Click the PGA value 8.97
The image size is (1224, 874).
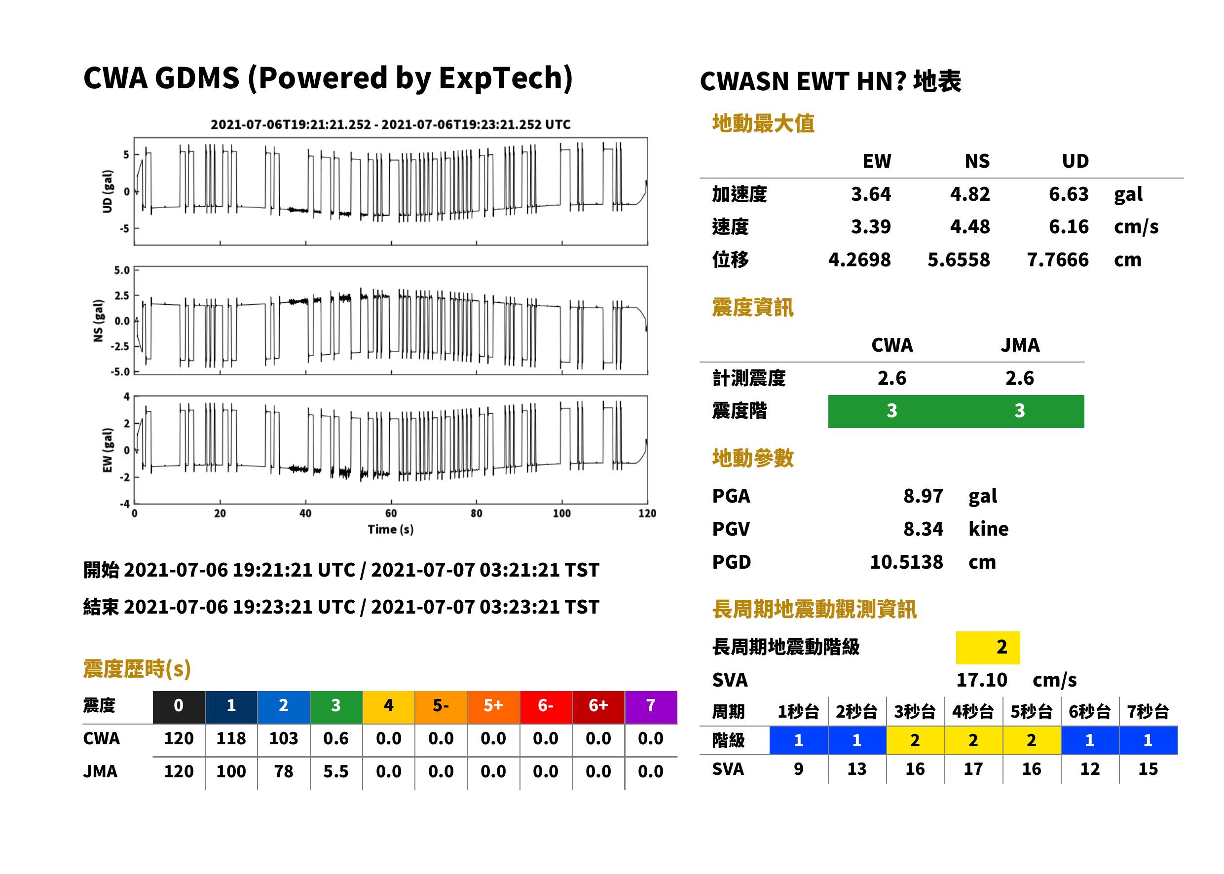(923, 496)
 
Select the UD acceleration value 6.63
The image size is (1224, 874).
(1069, 194)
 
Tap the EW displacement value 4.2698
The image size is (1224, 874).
(859, 259)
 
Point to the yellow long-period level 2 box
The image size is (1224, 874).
(988, 647)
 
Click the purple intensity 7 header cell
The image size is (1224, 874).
(651, 705)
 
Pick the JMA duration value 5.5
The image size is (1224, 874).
(336, 771)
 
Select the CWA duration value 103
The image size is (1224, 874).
(284, 738)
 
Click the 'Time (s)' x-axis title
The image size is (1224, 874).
(391, 530)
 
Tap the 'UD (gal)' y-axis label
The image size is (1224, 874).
(108, 191)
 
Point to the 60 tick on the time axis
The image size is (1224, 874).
(391, 513)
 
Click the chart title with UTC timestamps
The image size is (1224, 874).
(390, 124)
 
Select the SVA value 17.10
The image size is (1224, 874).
(981, 680)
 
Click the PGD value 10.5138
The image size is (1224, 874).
(906, 562)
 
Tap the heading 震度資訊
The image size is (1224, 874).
(752, 307)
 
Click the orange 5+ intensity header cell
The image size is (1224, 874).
(493, 705)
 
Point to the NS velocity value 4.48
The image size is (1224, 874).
(969, 226)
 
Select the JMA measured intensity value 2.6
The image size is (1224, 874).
(1019, 378)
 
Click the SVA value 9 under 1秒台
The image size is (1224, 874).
(798, 769)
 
